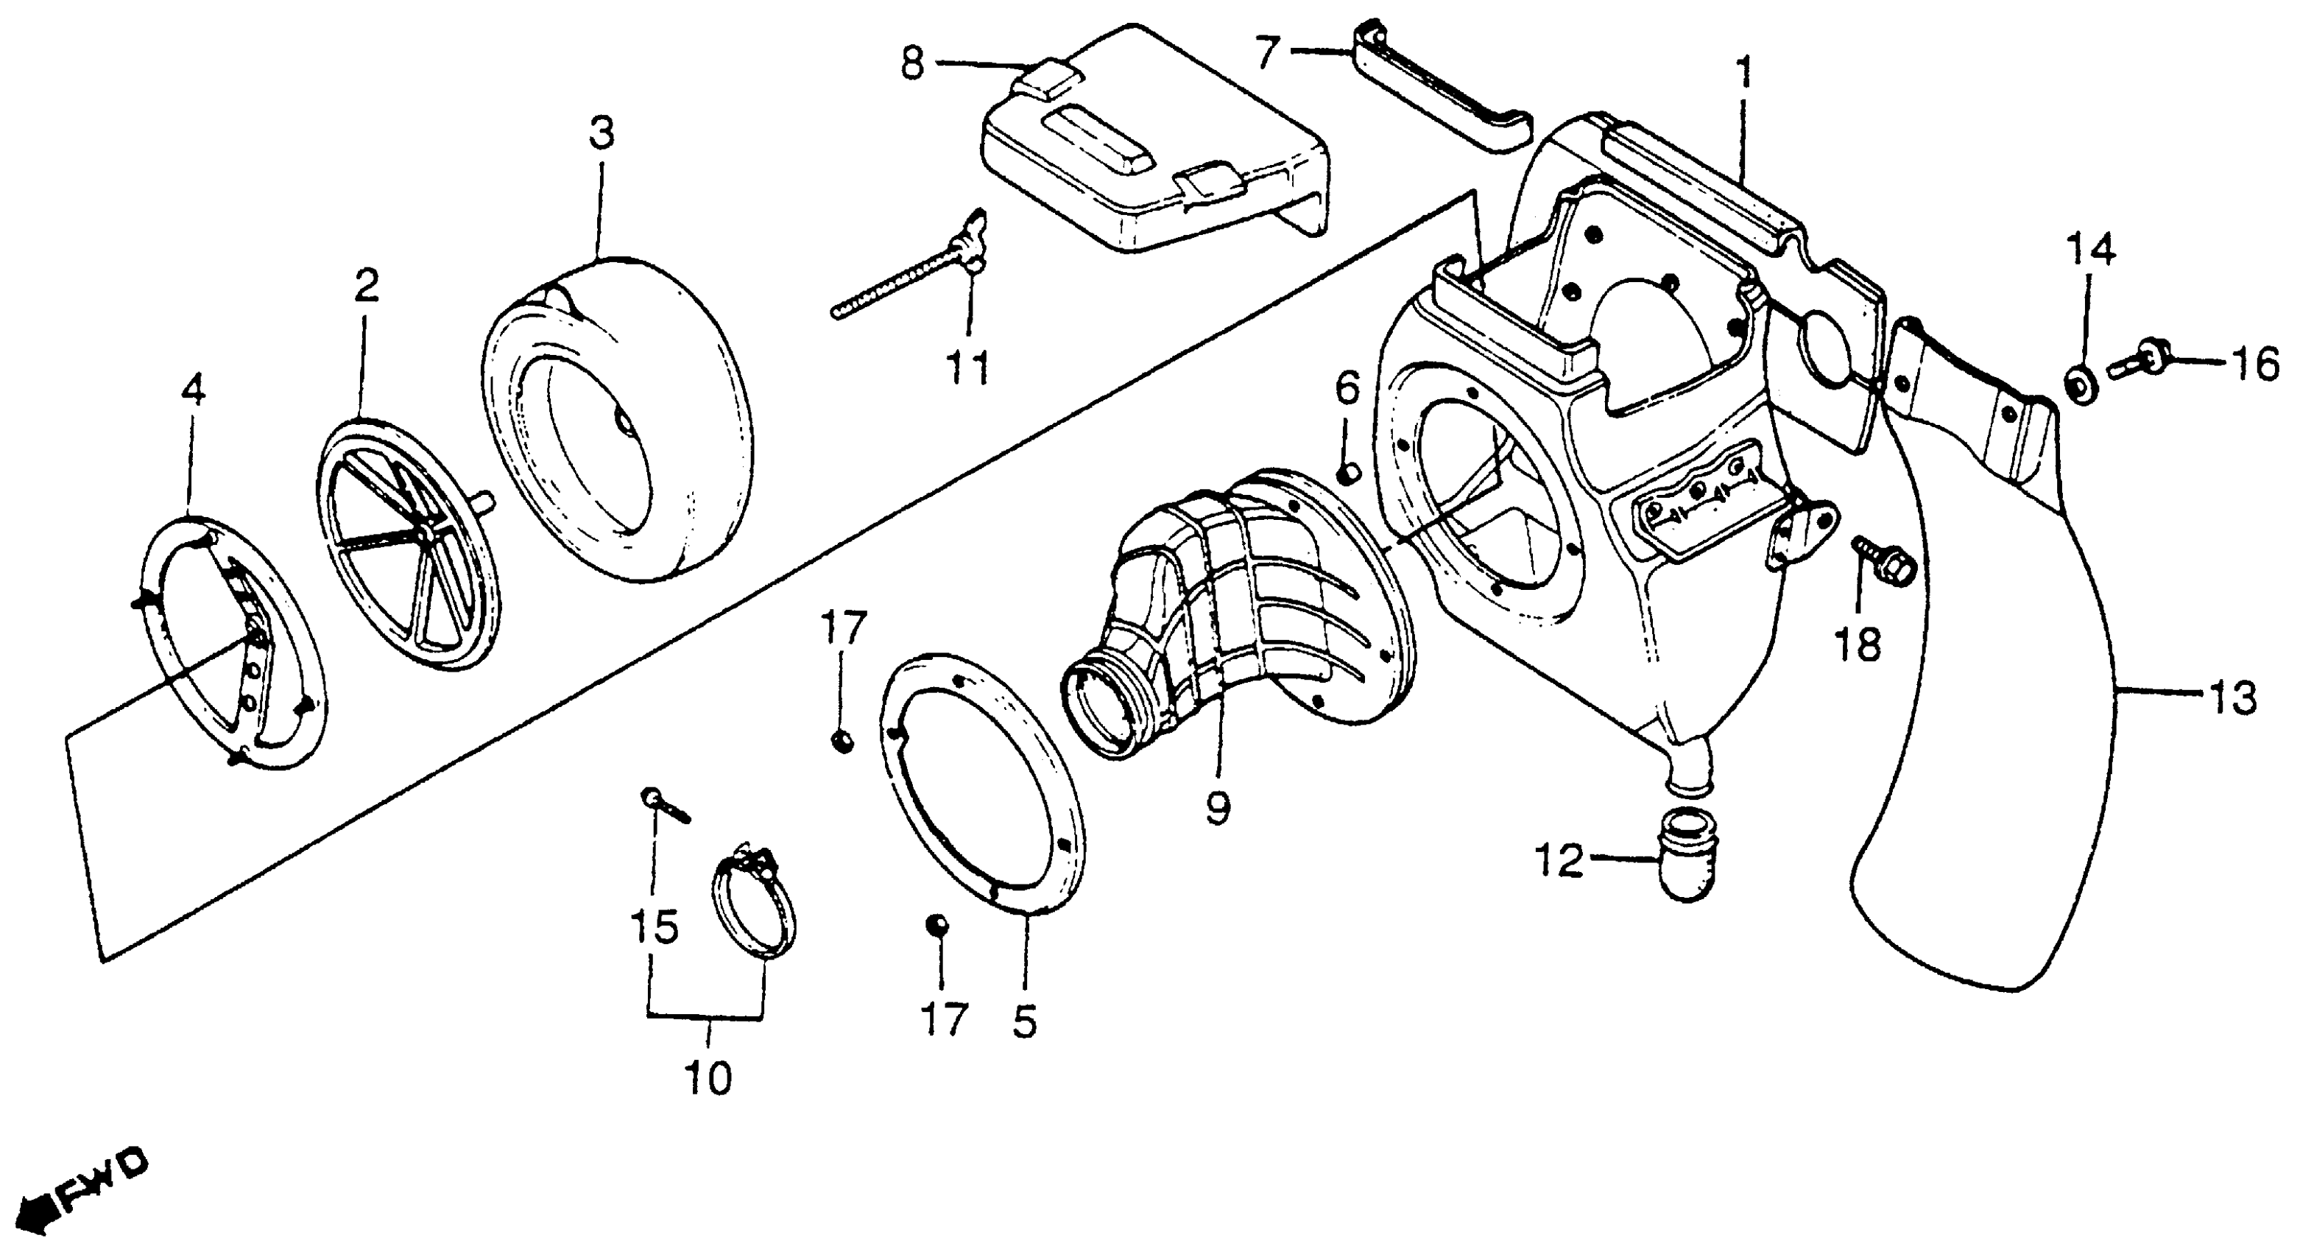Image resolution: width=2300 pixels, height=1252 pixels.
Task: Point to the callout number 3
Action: pos(602,135)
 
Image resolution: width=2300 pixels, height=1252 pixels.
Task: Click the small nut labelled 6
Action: pos(1347,471)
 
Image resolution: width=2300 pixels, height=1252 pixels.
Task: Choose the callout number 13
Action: pos(2233,697)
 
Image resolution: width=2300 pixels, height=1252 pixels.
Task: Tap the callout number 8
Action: pos(911,64)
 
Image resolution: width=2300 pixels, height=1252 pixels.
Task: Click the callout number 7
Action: pos(1269,53)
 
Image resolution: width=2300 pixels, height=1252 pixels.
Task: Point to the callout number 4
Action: pos(193,391)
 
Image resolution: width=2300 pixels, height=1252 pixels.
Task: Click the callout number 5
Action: pos(1025,1021)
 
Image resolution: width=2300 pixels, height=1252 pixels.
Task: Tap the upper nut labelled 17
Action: pos(841,740)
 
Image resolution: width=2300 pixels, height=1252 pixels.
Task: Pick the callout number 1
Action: pos(1743,76)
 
